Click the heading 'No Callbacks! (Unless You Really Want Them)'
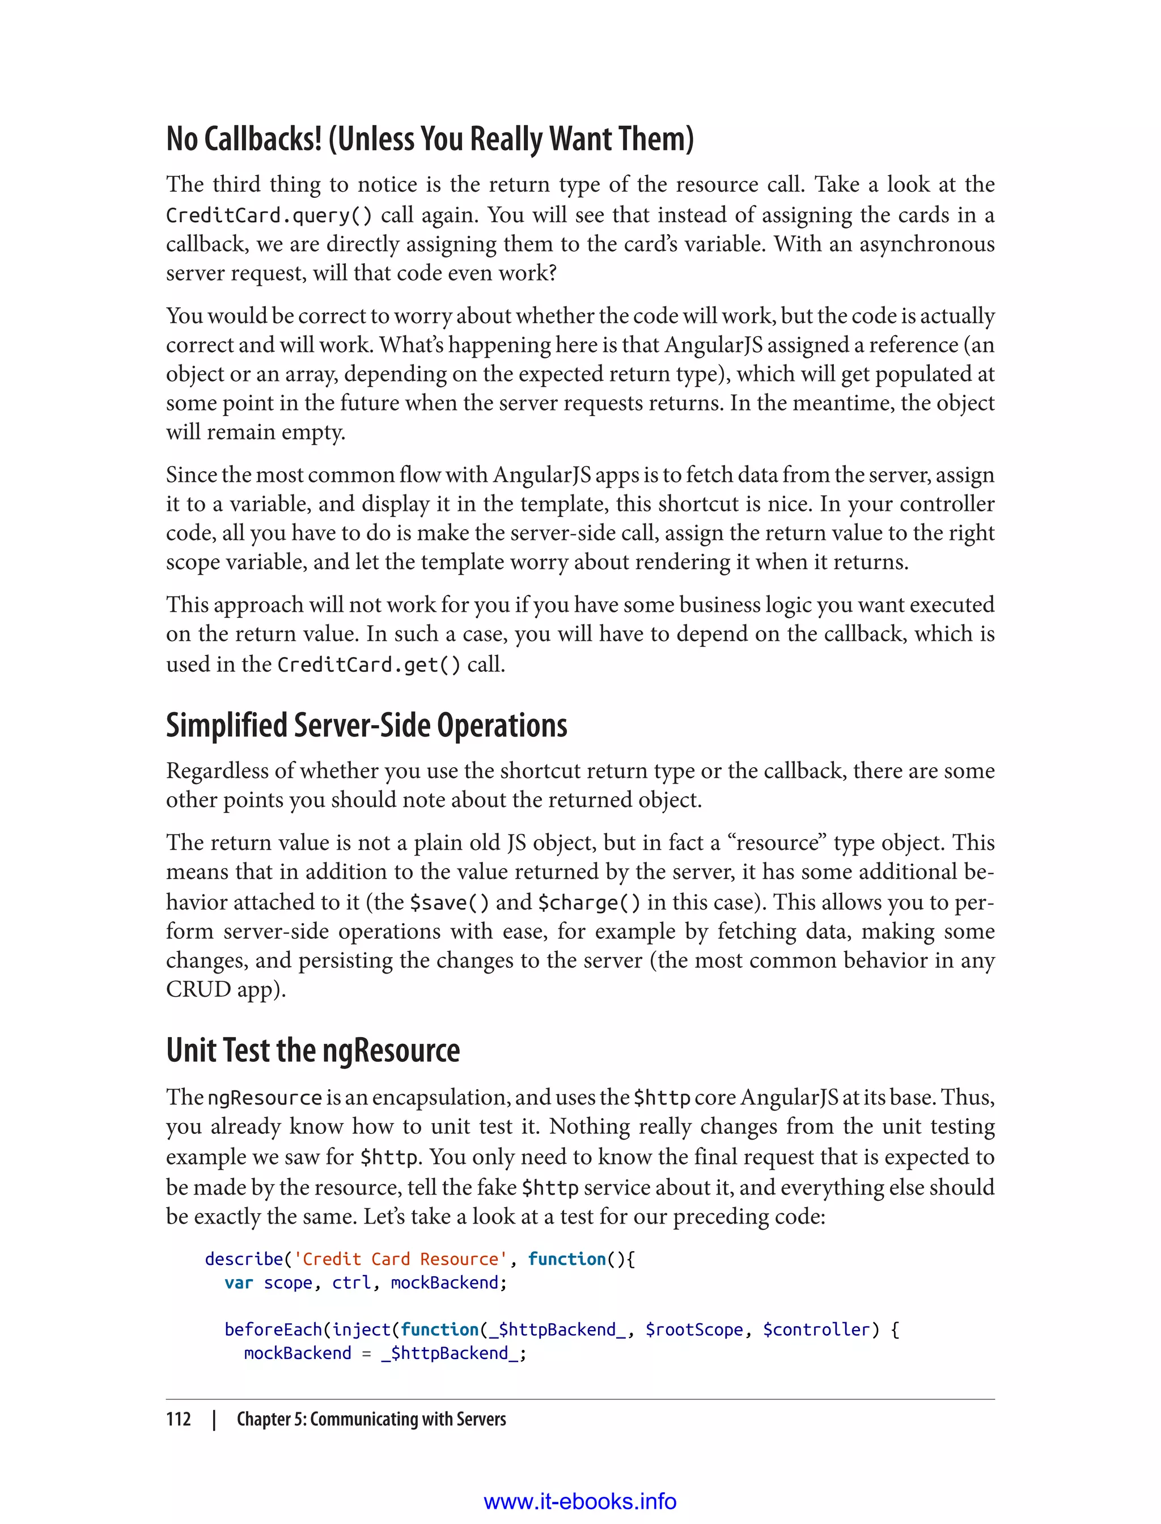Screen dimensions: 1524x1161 pyautogui.click(x=430, y=139)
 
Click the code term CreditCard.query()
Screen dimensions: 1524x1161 pyautogui.click(x=269, y=215)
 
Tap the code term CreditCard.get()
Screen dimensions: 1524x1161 pyautogui.click(x=368, y=665)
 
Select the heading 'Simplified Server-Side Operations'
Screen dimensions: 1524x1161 pyautogui.click(x=366, y=726)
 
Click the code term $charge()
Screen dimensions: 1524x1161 pyautogui.click(x=589, y=903)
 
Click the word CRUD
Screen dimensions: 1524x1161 pyautogui.click(x=198, y=990)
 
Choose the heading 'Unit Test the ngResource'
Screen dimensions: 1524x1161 pyautogui.click(x=312, y=1051)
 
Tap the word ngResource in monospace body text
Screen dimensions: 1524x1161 pyautogui.click(x=265, y=1098)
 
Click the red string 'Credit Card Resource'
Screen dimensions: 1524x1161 pyautogui.click(x=400, y=1259)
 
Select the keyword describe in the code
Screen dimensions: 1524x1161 pyautogui.click(x=244, y=1259)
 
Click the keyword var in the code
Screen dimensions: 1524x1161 pyautogui.click(x=239, y=1283)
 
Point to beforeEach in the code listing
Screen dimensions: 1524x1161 pyautogui.click(x=273, y=1330)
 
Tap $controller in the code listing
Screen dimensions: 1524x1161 pyautogui.click(x=815, y=1330)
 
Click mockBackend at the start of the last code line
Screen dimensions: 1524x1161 pyautogui.click(x=297, y=1353)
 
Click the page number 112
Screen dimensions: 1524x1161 pyautogui.click(x=179, y=1419)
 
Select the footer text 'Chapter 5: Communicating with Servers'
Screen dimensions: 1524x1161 pyautogui.click(x=371, y=1419)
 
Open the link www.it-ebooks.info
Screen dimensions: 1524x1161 pyautogui.click(x=580, y=1501)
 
